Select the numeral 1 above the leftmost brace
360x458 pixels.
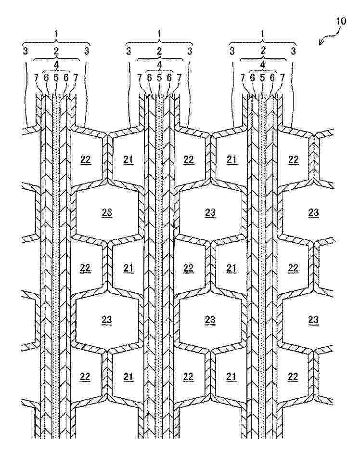[56, 34]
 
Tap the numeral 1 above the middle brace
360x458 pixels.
[159, 34]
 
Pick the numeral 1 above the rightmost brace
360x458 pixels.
[263, 34]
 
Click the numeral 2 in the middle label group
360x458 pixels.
[159, 50]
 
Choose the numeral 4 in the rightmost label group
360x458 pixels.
[263, 64]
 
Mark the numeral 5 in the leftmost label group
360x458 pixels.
[56, 77]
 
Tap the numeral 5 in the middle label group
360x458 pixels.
[159, 77]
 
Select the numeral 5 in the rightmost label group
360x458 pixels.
[263, 77]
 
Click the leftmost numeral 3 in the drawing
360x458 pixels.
[25, 50]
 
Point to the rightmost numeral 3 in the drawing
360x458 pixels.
[294, 50]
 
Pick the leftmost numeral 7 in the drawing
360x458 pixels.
[37, 77]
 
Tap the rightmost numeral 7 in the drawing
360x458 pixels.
[283, 77]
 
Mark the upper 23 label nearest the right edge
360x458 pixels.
[313, 212]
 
